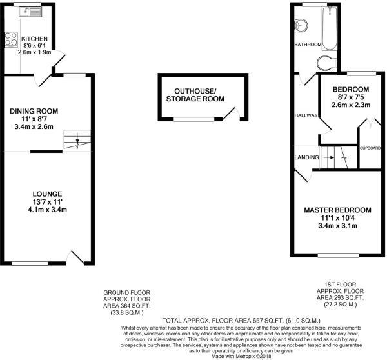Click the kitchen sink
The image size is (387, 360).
30,12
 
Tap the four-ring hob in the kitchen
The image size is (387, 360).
11,39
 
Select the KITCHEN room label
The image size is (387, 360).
34,39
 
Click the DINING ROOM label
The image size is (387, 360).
34,111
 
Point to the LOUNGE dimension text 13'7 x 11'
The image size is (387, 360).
48,202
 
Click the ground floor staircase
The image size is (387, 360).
77,139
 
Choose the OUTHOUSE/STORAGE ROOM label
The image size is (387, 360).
195,95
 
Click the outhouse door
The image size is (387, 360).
232,114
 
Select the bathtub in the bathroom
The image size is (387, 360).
329,28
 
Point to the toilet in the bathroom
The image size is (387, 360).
326,63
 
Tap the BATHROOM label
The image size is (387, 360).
308,45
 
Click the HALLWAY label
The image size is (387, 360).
306,115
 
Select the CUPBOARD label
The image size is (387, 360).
370,148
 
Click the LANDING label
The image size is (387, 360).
306,157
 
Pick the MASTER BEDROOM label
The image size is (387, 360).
337,210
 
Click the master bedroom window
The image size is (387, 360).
339,255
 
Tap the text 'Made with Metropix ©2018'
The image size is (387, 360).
241,356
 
